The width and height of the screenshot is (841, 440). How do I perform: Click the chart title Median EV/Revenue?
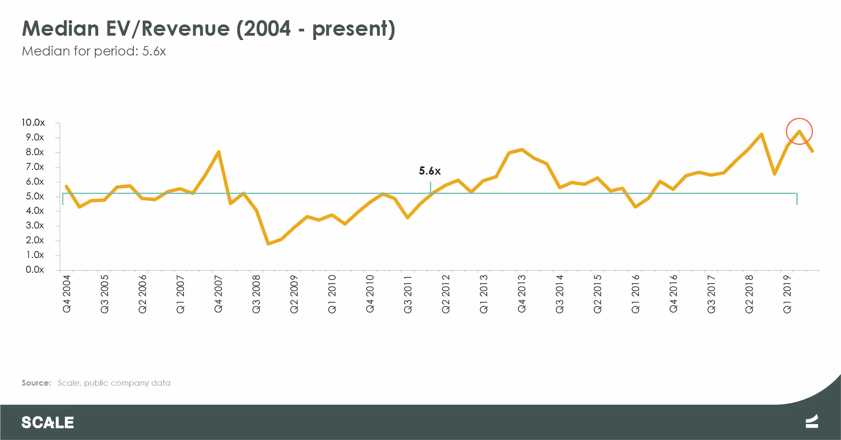[208, 29]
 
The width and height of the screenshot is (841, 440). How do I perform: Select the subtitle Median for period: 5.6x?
[94, 51]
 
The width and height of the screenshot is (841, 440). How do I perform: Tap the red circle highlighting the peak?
[799, 131]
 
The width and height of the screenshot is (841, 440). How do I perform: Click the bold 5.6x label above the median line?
[429, 171]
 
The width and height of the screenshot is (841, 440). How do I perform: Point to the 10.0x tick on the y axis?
[33, 123]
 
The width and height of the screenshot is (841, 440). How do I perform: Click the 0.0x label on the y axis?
[35, 270]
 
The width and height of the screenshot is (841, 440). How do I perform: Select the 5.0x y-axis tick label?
[35, 196]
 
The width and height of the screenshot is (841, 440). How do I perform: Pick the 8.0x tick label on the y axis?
[35, 152]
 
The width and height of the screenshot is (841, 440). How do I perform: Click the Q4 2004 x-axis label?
[67, 294]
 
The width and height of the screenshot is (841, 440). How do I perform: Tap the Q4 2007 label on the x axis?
[218, 294]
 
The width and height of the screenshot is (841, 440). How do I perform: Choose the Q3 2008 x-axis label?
[256, 294]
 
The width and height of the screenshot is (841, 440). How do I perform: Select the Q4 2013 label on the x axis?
[522, 294]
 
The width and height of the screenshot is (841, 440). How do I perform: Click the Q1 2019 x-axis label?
[787, 294]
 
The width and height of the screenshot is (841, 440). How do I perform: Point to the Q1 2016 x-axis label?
[635, 294]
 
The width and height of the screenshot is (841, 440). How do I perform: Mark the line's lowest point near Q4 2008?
[268, 244]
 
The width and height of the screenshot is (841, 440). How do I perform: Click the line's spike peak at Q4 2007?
[219, 152]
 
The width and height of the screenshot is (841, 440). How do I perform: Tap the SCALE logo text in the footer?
[48, 423]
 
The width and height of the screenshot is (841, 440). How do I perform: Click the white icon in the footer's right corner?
[812, 421]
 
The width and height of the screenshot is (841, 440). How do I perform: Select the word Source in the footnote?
[36, 383]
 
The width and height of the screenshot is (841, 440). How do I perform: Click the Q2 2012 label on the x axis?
[446, 294]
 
